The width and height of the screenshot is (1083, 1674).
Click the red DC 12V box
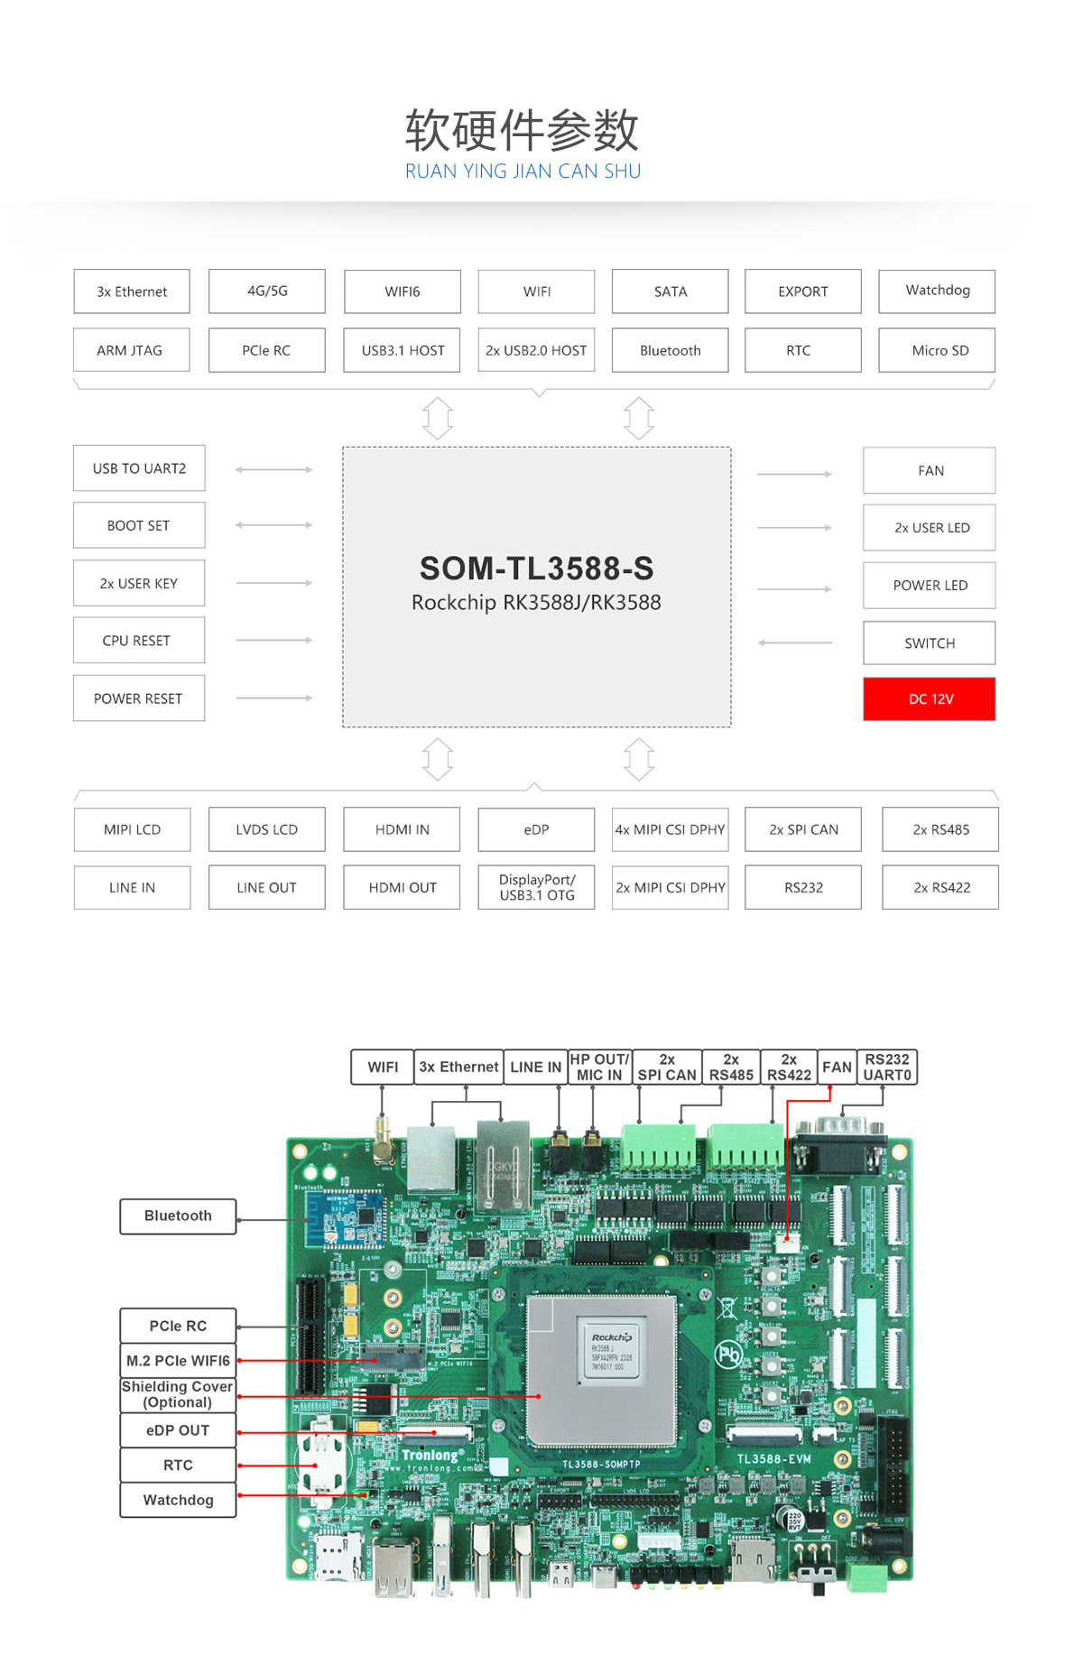[x=929, y=698]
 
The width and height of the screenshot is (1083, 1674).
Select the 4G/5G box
[x=267, y=291]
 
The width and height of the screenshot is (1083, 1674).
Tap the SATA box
[x=670, y=291]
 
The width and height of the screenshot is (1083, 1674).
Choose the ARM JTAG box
[x=131, y=350]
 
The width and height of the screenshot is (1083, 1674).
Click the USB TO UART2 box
[x=139, y=468]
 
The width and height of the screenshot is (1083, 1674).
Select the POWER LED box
[x=929, y=585]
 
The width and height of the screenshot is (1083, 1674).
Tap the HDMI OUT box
[x=402, y=887]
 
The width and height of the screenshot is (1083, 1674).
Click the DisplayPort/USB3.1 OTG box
[x=536, y=887]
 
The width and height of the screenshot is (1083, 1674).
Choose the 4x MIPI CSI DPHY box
[x=670, y=829]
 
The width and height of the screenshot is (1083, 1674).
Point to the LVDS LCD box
[x=267, y=829]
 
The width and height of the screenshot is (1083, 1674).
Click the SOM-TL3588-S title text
[x=536, y=569]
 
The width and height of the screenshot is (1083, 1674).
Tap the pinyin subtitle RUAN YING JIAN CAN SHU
[x=523, y=171]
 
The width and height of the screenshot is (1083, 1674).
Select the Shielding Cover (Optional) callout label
[x=178, y=1394]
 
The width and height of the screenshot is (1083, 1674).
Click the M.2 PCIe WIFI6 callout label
[x=178, y=1360]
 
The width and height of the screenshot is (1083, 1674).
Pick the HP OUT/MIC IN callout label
[x=599, y=1067]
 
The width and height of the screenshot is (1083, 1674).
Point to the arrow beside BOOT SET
[x=273, y=525]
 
